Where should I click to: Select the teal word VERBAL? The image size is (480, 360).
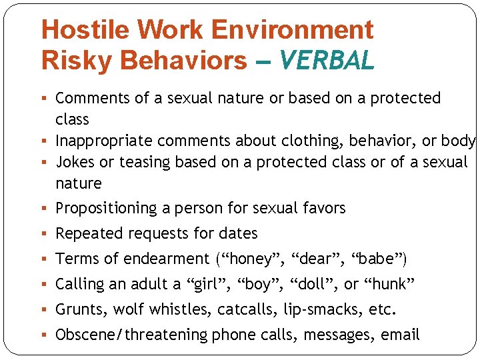(327, 61)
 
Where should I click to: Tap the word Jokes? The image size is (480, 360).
(75, 162)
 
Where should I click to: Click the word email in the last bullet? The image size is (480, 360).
(400, 335)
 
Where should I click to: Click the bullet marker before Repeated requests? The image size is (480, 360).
(45, 234)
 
